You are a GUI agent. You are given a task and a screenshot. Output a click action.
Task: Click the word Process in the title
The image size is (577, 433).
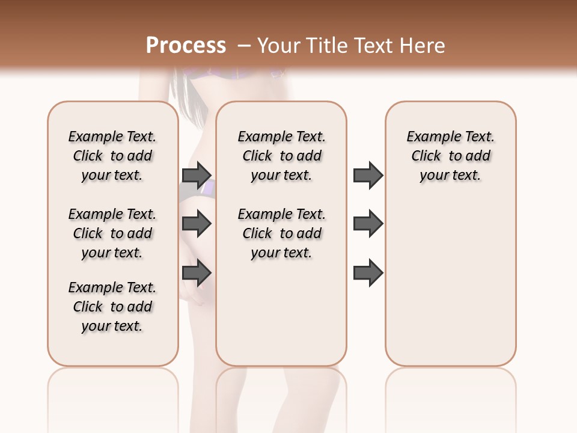[x=186, y=45]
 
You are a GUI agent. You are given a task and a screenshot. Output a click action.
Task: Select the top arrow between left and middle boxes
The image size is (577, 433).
[x=197, y=175]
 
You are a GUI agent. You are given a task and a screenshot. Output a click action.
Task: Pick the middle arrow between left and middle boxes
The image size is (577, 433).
[x=197, y=224]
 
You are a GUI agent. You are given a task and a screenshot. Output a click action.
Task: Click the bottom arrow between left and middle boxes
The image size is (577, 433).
[x=197, y=273]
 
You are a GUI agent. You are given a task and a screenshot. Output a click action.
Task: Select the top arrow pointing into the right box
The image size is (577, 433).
[x=368, y=175]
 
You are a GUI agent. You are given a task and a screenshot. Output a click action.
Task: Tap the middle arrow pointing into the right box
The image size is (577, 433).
[x=368, y=224]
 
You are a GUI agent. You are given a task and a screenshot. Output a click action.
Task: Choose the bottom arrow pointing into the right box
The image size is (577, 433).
[x=368, y=273]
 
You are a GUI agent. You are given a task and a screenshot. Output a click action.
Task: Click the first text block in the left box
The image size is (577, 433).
[x=112, y=156]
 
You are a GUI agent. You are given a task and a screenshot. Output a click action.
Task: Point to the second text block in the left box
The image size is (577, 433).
[x=112, y=233]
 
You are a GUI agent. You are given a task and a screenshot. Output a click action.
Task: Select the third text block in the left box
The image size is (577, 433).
[x=112, y=307]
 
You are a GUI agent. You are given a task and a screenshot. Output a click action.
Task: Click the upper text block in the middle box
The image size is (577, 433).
[x=281, y=156]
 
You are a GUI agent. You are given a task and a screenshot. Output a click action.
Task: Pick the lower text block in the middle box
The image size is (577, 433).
[x=281, y=233]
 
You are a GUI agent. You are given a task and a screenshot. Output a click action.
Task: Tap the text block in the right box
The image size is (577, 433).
[x=450, y=156]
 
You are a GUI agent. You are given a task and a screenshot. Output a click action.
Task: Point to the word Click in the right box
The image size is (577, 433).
[x=426, y=156]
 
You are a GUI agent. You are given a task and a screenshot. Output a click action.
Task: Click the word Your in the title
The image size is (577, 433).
[x=278, y=45]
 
